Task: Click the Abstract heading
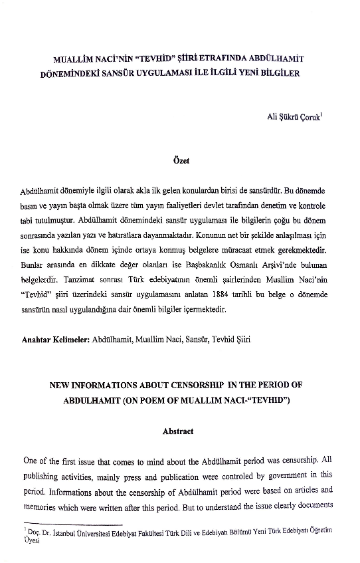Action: point(178,432)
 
